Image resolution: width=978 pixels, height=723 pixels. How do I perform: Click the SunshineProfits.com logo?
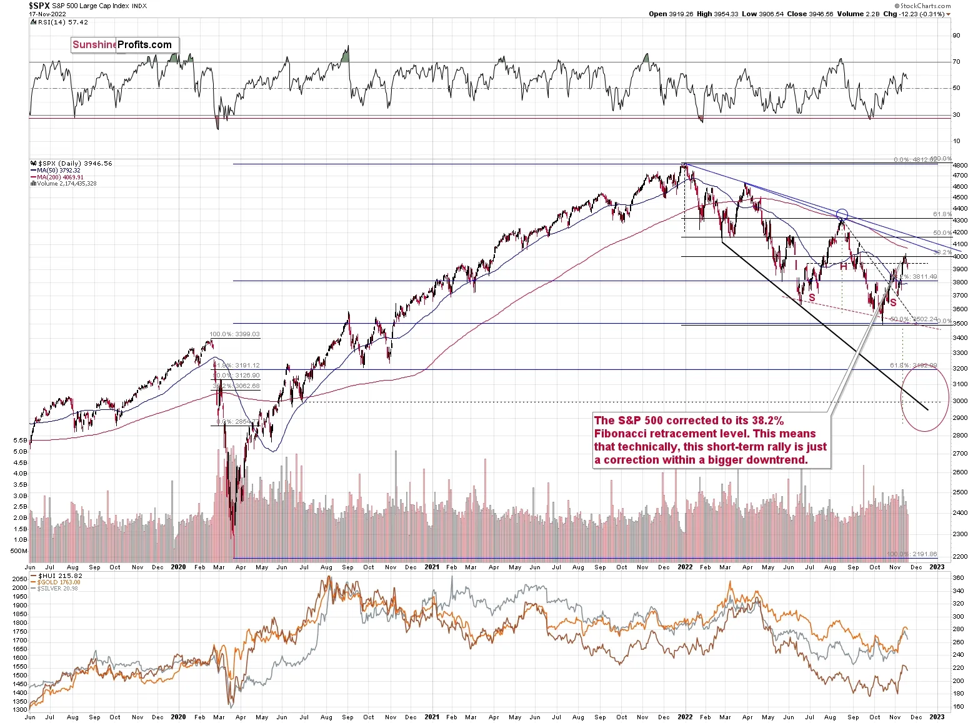point(124,45)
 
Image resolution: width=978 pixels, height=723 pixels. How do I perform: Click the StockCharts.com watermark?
point(922,6)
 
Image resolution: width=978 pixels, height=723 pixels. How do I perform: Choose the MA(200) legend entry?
point(60,177)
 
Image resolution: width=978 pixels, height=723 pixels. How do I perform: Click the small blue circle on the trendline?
point(842,214)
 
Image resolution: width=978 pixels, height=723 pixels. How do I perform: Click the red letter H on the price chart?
point(843,266)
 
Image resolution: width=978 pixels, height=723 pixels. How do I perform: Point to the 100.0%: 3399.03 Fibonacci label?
point(234,334)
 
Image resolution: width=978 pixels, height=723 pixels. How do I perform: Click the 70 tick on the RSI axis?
point(956,62)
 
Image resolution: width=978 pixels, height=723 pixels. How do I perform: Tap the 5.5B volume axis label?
point(19,441)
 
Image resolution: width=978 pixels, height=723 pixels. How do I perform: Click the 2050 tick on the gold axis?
point(19,579)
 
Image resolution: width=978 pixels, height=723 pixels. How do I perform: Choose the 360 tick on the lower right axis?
point(957,578)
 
